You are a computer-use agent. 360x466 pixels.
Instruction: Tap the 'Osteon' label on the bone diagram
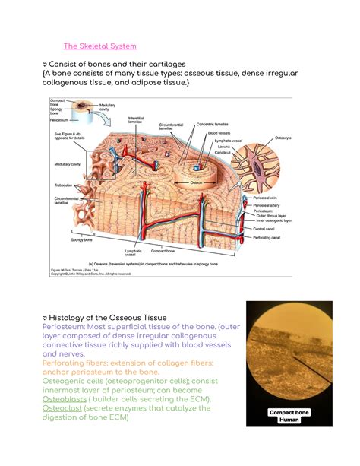(196, 182)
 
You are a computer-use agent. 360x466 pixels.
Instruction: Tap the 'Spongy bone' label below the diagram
(83, 240)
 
